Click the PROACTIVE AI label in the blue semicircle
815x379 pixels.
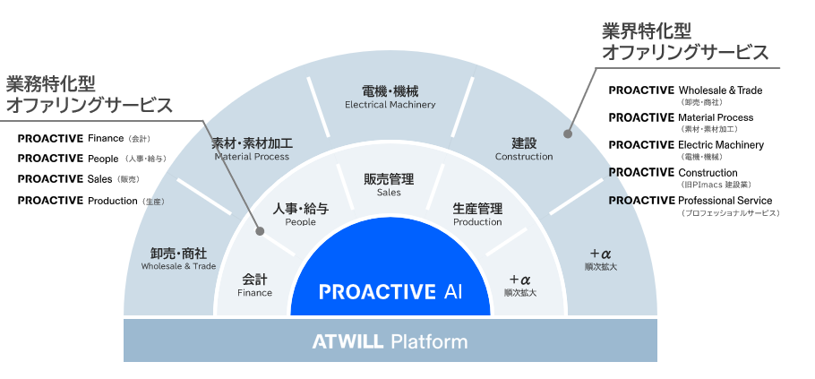pos(390,292)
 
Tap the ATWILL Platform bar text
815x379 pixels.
pos(390,341)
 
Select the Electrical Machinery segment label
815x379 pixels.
pos(390,97)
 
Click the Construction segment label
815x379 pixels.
pos(524,149)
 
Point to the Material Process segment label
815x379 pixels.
pos(252,149)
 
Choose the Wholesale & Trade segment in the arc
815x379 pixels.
pos(179,259)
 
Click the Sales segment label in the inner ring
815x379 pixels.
pos(389,185)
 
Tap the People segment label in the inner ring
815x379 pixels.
pos(300,214)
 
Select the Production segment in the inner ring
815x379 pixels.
pos(477,214)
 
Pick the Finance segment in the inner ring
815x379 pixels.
pos(254,285)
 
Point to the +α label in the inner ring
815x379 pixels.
pos(520,285)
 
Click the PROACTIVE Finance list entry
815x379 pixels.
pos(85,139)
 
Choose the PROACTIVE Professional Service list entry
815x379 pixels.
pos(690,201)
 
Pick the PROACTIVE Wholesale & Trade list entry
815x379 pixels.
pos(685,90)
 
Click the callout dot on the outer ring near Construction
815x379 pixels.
pos(567,134)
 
